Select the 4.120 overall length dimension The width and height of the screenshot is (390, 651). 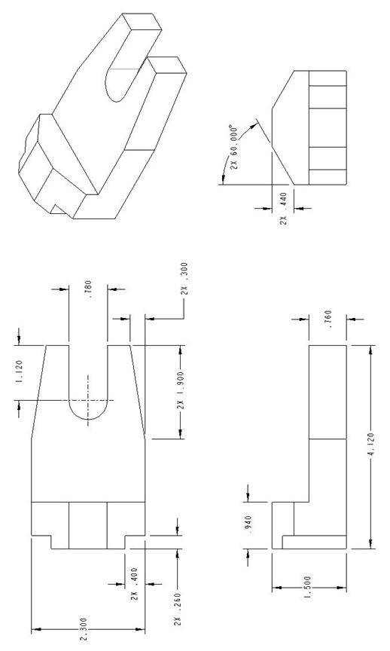[373, 447]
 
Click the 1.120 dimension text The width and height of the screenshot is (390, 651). [19, 374]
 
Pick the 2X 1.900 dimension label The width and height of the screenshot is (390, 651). [181, 393]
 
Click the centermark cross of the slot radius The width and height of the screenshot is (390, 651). [89, 400]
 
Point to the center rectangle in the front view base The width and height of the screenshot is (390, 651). [87, 525]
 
